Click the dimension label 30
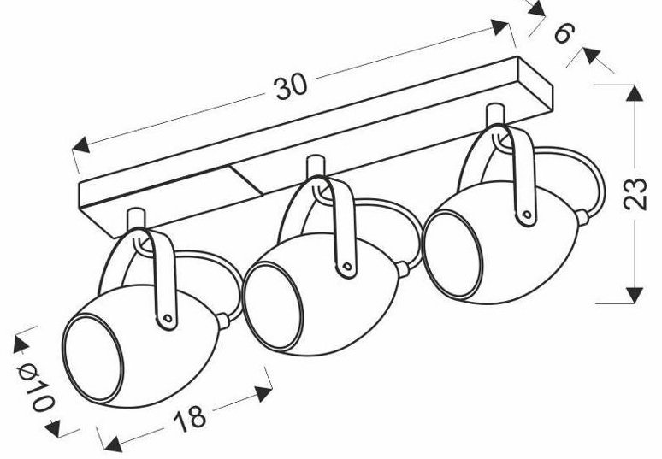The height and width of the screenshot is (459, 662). coord(292,88)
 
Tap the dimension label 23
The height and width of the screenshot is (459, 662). coord(635,194)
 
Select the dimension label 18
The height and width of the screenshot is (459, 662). coord(191,419)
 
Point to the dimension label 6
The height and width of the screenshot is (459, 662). coord(564,33)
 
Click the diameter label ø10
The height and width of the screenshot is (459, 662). coord(35,386)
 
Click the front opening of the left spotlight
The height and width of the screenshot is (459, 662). coord(93,358)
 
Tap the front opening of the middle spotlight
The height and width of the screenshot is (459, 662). coord(273,306)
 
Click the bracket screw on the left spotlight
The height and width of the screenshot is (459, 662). coord(167,318)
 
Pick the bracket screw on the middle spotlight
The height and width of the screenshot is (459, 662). coord(347,267)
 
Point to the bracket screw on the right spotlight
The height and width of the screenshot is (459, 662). coord(527,215)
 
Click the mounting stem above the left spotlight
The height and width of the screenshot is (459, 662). coord(136,220)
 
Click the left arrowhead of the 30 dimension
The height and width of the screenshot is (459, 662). coord(80,145)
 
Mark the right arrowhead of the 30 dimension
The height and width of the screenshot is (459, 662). coord(499,27)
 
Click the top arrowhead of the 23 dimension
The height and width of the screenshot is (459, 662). coord(635,93)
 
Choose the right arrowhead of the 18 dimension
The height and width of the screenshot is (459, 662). coord(263,393)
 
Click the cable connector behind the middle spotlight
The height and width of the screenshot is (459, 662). coord(403,268)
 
